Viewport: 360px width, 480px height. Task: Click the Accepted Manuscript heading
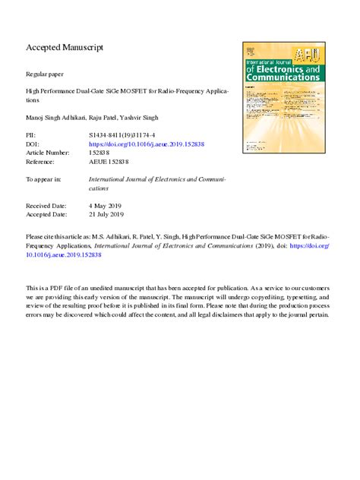64,48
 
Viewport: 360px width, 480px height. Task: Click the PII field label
31,134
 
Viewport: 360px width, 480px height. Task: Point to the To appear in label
43,179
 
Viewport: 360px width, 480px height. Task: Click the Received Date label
46,206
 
